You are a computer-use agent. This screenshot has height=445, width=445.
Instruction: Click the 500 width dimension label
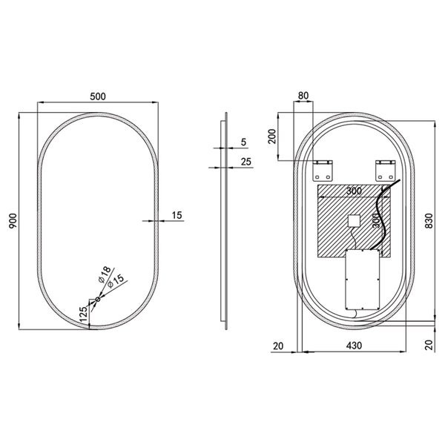pos(97,96)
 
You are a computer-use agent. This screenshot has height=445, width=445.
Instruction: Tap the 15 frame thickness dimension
pos(176,215)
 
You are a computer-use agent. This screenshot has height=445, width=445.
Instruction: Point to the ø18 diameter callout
pos(104,272)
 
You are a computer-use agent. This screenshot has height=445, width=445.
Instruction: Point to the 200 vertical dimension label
pos(271,136)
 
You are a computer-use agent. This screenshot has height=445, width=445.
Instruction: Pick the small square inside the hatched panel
pos(354,220)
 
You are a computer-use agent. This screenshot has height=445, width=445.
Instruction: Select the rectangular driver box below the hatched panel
pos(362,280)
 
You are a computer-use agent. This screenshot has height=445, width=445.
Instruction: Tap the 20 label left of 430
pos(278,345)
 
